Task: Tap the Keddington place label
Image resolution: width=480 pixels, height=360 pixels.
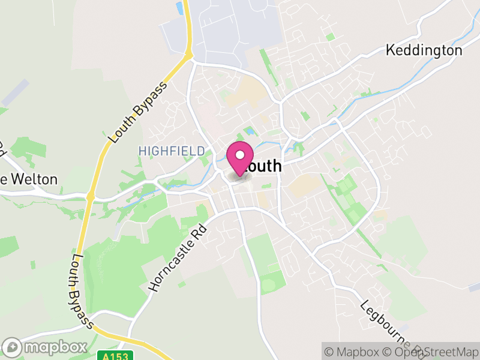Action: pos(424,50)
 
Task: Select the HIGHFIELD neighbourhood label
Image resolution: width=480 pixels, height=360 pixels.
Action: pos(172,151)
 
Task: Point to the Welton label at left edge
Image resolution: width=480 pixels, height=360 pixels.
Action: pos(30,179)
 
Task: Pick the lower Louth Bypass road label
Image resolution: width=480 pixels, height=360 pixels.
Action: pos(83,291)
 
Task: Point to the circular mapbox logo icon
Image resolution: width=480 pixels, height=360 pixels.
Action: pos(14,347)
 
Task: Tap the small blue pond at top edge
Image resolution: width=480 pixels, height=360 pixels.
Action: pos(179,7)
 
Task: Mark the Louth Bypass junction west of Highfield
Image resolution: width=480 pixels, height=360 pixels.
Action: pos(91,196)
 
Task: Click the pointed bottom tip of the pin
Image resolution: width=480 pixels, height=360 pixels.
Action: pos(240,175)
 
